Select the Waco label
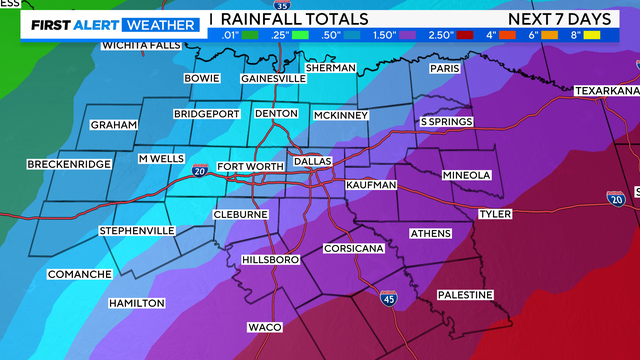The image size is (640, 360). (265, 327)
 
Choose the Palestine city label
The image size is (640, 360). (465, 295)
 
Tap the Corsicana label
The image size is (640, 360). (353, 248)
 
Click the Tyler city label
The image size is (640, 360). (495, 214)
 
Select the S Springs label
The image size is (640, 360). (446, 122)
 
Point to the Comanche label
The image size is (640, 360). (79, 274)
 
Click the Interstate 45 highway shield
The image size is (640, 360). (389, 298)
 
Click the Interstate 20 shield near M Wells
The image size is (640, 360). (200, 171)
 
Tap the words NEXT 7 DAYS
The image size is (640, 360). (569, 18)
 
